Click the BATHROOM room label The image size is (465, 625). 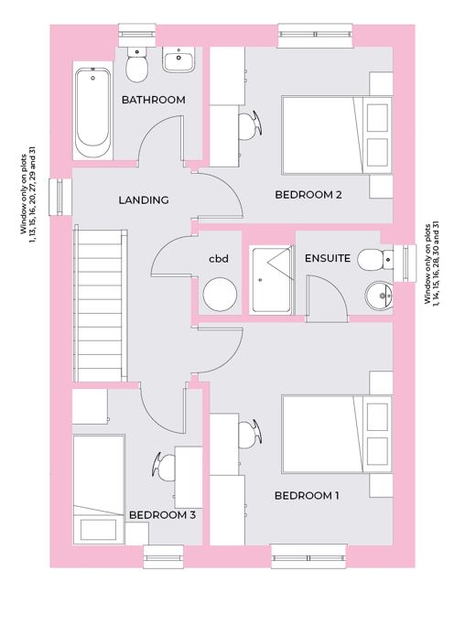click(x=154, y=100)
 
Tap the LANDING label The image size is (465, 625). click(x=144, y=199)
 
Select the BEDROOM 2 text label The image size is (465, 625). click(x=308, y=195)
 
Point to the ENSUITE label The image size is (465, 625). click(x=328, y=258)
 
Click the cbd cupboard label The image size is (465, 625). click(x=219, y=259)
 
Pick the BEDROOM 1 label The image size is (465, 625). click(x=307, y=496)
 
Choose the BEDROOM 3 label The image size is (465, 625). click(x=162, y=515)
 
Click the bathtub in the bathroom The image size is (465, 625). click(x=93, y=113)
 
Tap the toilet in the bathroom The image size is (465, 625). click(x=137, y=64)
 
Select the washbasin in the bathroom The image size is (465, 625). click(x=178, y=59)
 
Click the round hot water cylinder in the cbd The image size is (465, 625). click(x=220, y=294)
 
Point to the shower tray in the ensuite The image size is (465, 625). click(x=271, y=279)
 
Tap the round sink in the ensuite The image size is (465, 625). click(x=379, y=296)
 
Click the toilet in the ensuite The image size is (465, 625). click(x=375, y=260)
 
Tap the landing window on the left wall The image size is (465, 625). click(x=60, y=198)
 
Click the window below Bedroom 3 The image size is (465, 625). click(x=164, y=557)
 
